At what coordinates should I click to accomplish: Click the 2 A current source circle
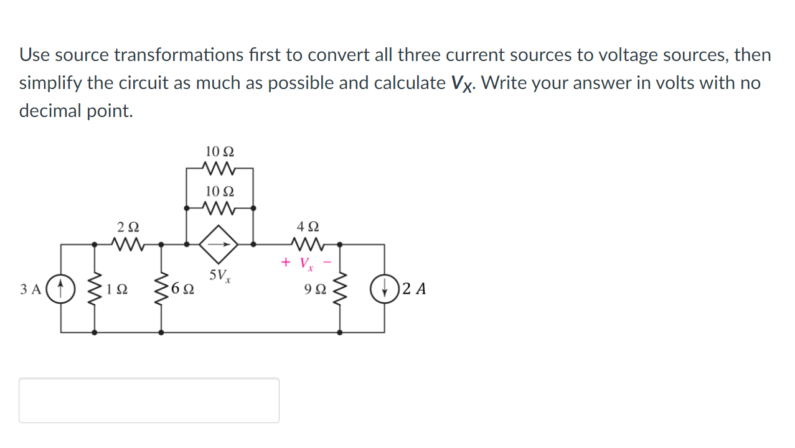[384, 289]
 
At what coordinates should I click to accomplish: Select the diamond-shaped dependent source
[219, 244]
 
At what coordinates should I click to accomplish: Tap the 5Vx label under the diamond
[220, 276]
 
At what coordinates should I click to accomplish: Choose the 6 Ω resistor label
[183, 289]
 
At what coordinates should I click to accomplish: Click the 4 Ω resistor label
[309, 227]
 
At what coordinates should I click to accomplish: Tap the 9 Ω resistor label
[315, 289]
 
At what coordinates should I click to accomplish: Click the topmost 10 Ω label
[220, 151]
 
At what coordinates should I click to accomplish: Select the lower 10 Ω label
[220, 190]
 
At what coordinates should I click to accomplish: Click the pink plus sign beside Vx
[286, 262]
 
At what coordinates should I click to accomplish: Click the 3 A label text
[31, 289]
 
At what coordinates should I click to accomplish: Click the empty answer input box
[149, 400]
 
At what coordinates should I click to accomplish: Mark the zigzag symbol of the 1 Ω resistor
[95, 289]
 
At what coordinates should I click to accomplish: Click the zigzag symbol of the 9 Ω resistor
[340, 289]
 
